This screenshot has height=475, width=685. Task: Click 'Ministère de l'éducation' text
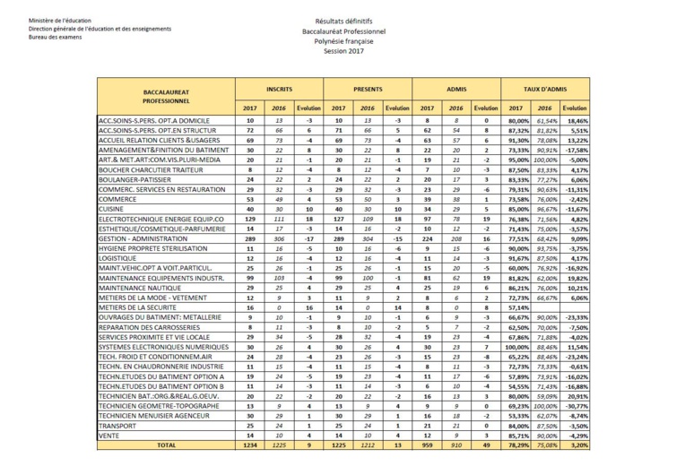pos(60,20)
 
